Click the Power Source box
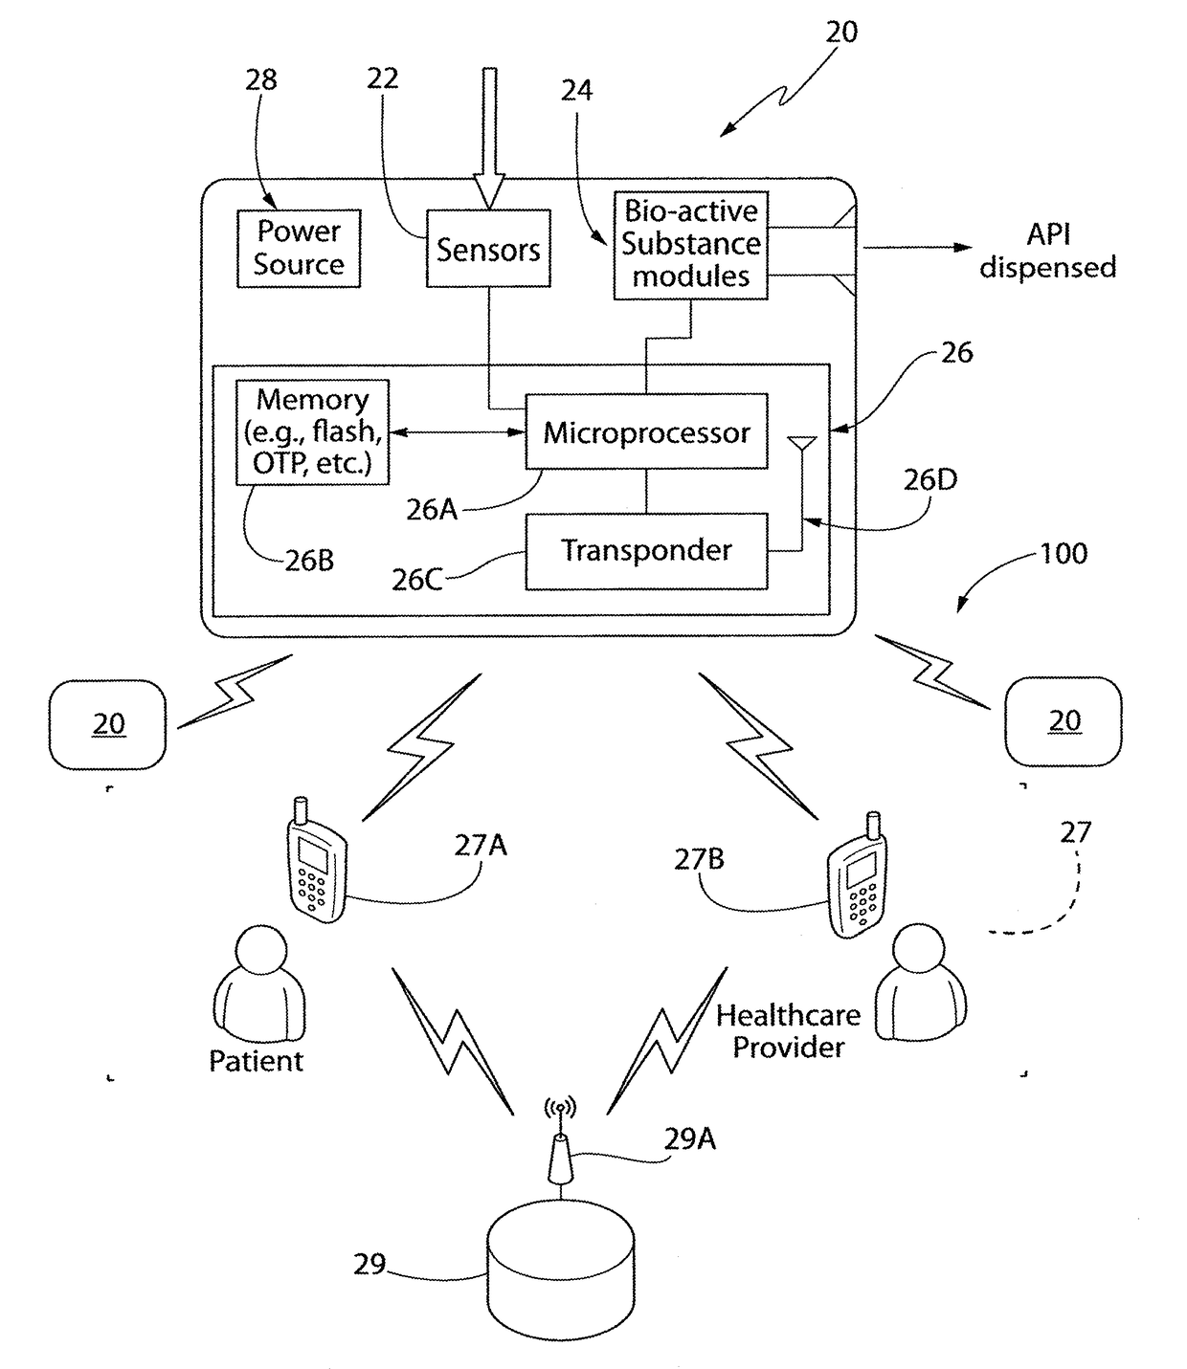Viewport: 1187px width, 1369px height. click(299, 249)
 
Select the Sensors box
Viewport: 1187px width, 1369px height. click(488, 249)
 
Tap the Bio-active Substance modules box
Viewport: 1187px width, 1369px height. click(690, 245)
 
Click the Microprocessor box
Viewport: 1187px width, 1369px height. click(646, 431)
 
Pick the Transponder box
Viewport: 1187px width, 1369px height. click(646, 551)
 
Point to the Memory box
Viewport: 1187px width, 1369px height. click(312, 431)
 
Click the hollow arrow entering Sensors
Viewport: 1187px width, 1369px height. click(489, 139)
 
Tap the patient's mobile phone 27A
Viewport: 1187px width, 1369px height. click(316, 860)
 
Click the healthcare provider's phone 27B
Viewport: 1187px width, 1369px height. click(858, 873)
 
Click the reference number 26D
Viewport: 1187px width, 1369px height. click(929, 480)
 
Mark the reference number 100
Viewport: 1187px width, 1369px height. click(1064, 554)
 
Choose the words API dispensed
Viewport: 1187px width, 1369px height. click(1048, 251)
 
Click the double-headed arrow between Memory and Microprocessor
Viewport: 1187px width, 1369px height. click(458, 432)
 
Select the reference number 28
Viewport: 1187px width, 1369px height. click(261, 80)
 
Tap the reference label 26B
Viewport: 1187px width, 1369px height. click(309, 561)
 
